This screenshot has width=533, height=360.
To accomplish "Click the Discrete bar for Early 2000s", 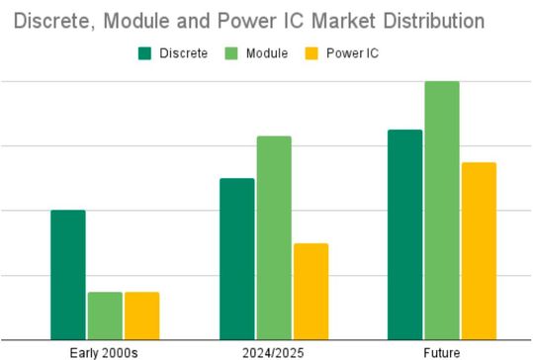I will (68, 275).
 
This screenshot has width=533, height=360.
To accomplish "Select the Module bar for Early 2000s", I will (105, 315).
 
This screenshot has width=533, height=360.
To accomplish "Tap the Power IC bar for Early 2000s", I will (141, 315).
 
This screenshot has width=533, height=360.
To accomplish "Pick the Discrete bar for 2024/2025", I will (237, 259).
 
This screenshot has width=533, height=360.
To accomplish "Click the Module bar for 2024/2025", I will (274, 237).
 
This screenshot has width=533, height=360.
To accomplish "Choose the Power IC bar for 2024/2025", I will (311, 292).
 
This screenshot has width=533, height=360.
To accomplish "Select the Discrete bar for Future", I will (405, 234).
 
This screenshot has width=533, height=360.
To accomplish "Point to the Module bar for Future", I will (442, 211).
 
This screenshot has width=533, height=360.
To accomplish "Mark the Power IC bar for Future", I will (479, 251).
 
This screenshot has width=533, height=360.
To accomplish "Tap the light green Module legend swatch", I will (233, 52).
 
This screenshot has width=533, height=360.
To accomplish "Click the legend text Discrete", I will (184, 52).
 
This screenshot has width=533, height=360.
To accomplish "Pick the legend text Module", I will (269, 52).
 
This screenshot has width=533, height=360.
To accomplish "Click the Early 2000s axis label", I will (105, 351).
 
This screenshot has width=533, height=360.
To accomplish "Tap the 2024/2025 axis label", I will (274, 351).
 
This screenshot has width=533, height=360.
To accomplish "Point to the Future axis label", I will (442, 351).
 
